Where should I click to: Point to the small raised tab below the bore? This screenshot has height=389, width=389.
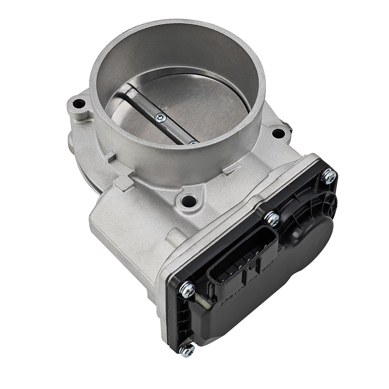(228, 170)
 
